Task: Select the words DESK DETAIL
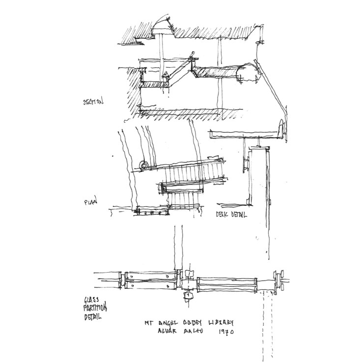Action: (x=231, y=215)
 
